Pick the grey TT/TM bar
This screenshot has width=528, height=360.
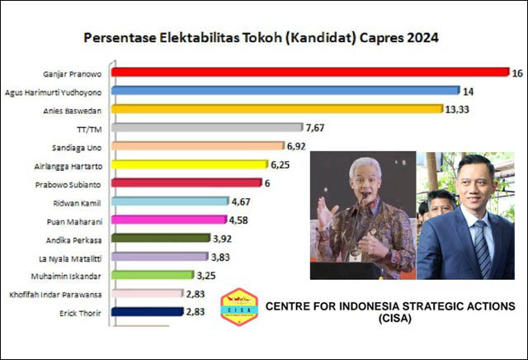pos(206,128)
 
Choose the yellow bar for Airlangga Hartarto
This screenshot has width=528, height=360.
pos(189,164)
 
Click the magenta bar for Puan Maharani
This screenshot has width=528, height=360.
pos(168,220)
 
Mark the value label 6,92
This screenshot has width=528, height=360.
pos(299,146)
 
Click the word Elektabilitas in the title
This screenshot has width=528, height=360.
pos(188,38)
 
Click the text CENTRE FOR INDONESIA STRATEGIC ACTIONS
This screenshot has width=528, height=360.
pos(389,306)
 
